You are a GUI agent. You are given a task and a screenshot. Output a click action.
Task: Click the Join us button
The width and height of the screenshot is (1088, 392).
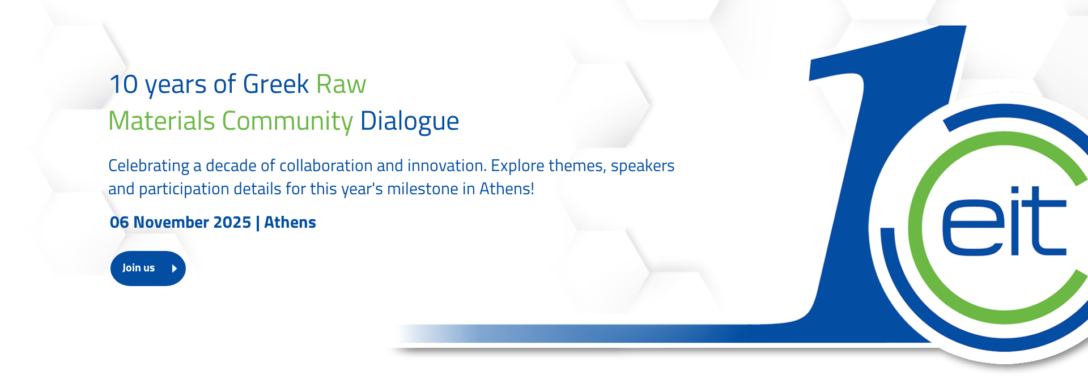[x=148, y=269]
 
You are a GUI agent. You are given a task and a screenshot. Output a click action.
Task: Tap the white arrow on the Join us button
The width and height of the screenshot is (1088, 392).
[x=175, y=269]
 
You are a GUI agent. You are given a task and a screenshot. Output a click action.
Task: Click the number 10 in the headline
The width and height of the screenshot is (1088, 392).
[x=124, y=84]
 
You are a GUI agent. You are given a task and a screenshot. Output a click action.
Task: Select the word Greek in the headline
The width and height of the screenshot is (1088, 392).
[x=275, y=84]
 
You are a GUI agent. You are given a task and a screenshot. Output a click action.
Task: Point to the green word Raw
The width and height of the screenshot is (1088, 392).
[x=341, y=84]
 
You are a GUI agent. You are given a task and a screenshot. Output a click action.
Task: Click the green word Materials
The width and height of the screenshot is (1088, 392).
[x=161, y=121]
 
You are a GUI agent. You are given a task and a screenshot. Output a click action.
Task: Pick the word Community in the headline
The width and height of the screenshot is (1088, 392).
[x=287, y=121]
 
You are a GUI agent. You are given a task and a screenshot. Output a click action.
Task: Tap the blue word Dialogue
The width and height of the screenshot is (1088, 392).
[x=410, y=121]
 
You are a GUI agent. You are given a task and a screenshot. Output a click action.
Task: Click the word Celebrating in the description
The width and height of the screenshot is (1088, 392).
[x=149, y=166]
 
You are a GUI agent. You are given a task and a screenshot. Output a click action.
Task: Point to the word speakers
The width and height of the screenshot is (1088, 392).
[x=643, y=166]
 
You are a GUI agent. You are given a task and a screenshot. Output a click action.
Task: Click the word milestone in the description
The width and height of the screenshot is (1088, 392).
[x=423, y=189]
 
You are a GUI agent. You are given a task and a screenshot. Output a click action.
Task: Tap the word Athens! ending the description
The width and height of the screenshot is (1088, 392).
[x=507, y=189]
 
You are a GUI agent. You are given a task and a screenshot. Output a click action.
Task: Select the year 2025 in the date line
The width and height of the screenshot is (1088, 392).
[x=232, y=222]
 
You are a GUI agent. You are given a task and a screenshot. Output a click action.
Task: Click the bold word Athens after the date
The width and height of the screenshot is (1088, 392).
[x=290, y=222]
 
